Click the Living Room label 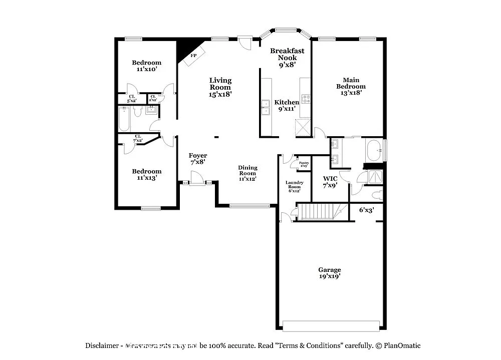[x=220, y=87]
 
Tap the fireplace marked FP [x=192, y=57]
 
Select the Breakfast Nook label [x=287, y=57]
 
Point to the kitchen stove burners [x=305, y=98]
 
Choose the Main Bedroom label [x=351, y=86]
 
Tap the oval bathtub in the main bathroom [x=374, y=150]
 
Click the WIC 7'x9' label [x=330, y=181]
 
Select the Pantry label [x=304, y=164]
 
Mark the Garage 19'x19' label [x=330, y=273]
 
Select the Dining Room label [x=247, y=173]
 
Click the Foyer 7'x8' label [x=198, y=159]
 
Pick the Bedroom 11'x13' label [x=146, y=174]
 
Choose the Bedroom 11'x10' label [x=146, y=66]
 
